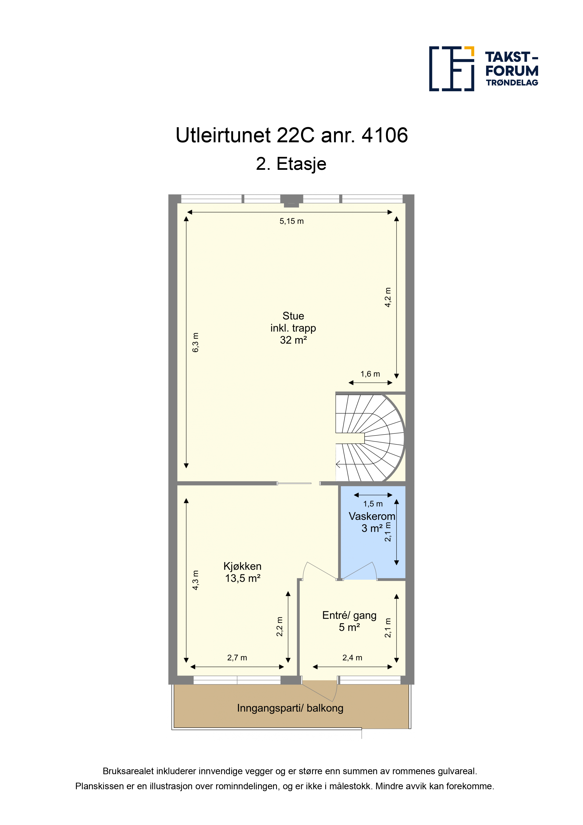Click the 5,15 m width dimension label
click(x=291, y=221)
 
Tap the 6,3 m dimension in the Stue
click(x=195, y=342)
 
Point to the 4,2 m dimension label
click(x=388, y=297)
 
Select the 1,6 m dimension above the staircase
click(x=370, y=374)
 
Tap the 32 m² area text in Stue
click(x=293, y=340)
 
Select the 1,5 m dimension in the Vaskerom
click(x=373, y=504)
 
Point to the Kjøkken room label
click(x=242, y=566)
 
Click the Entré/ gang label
click(x=349, y=615)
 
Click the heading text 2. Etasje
click(x=291, y=164)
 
